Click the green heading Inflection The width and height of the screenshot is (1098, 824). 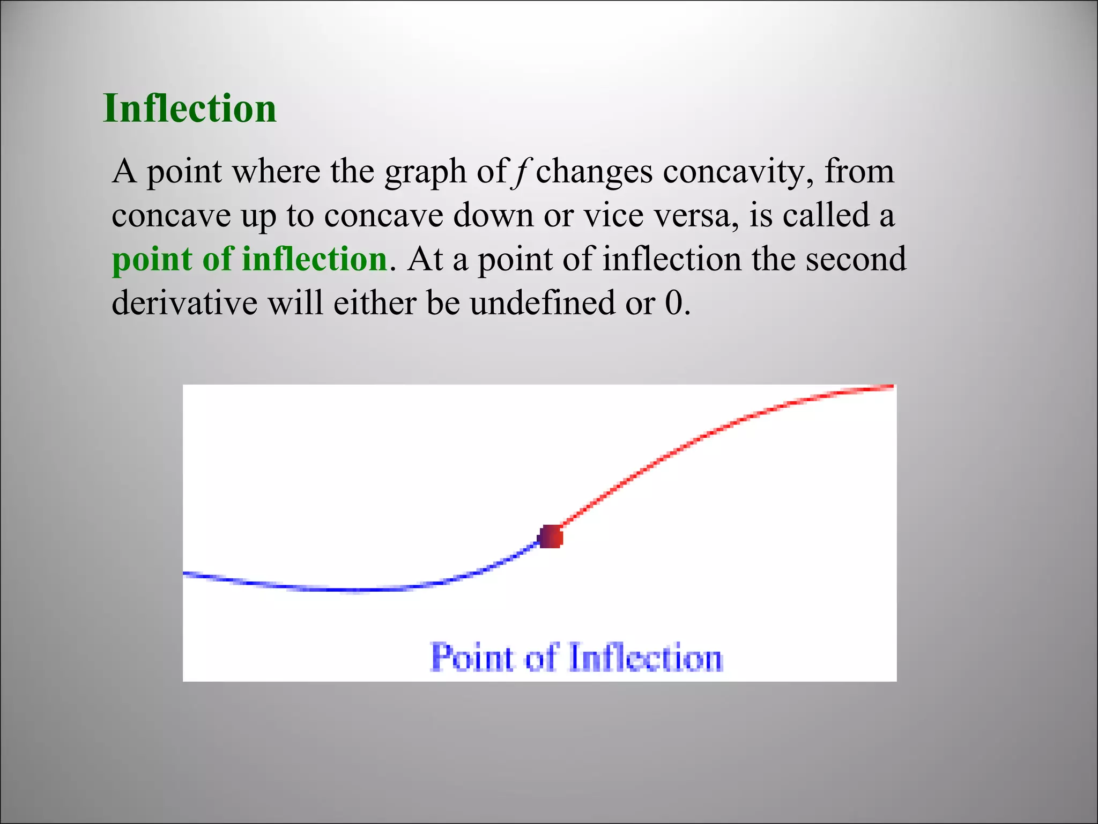(x=189, y=109)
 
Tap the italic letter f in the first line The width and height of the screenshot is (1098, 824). (x=519, y=172)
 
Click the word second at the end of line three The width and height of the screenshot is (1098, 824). (x=856, y=259)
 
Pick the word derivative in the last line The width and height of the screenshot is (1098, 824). (x=184, y=303)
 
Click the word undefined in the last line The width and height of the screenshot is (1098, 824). (x=541, y=303)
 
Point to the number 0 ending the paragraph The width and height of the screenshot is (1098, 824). (x=673, y=303)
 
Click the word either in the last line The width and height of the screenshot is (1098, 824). (x=374, y=303)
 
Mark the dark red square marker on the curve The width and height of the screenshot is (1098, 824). (x=550, y=536)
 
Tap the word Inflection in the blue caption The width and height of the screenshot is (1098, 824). (x=646, y=657)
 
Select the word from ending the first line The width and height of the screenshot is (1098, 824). (x=859, y=172)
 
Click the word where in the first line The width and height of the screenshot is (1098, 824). (x=276, y=172)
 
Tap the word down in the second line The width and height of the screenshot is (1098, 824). (x=493, y=216)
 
